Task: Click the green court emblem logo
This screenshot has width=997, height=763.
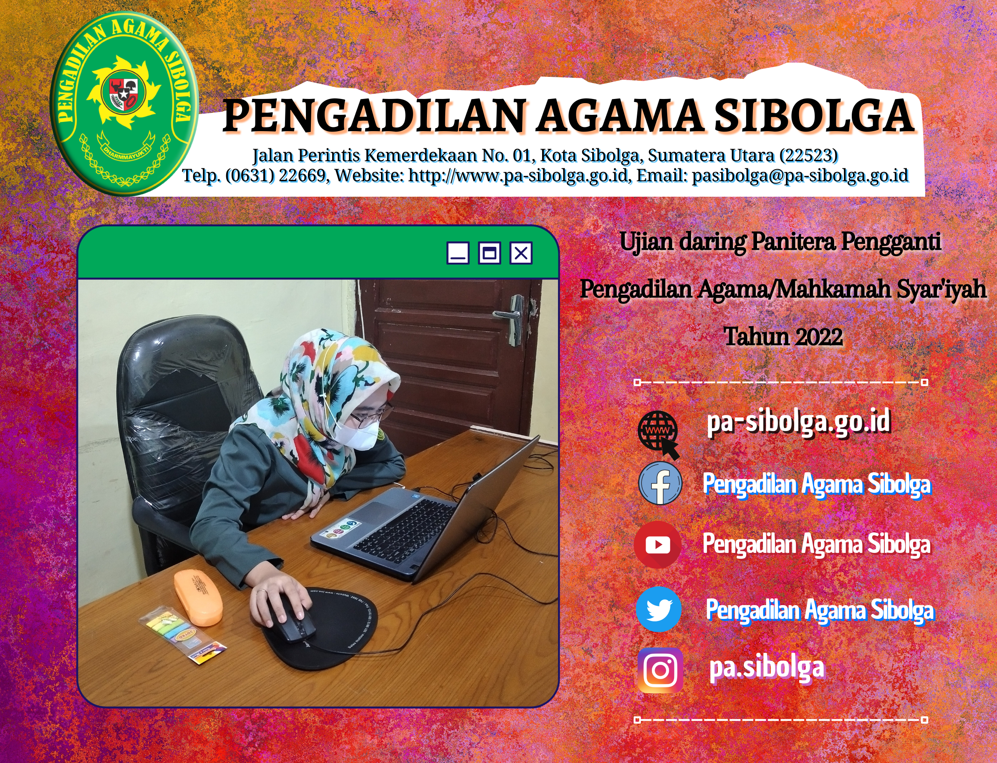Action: click(x=124, y=104)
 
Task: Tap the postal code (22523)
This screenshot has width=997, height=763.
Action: click(x=809, y=155)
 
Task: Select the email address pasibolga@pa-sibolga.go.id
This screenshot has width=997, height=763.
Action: click(x=800, y=176)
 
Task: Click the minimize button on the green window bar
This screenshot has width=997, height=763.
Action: click(x=458, y=253)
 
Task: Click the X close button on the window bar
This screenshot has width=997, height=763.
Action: click(x=521, y=253)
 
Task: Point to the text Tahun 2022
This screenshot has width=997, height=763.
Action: click(x=783, y=337)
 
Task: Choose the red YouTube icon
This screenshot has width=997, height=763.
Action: click(x=658, y=545)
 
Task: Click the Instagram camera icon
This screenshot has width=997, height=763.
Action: click(x=660, y=670)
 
